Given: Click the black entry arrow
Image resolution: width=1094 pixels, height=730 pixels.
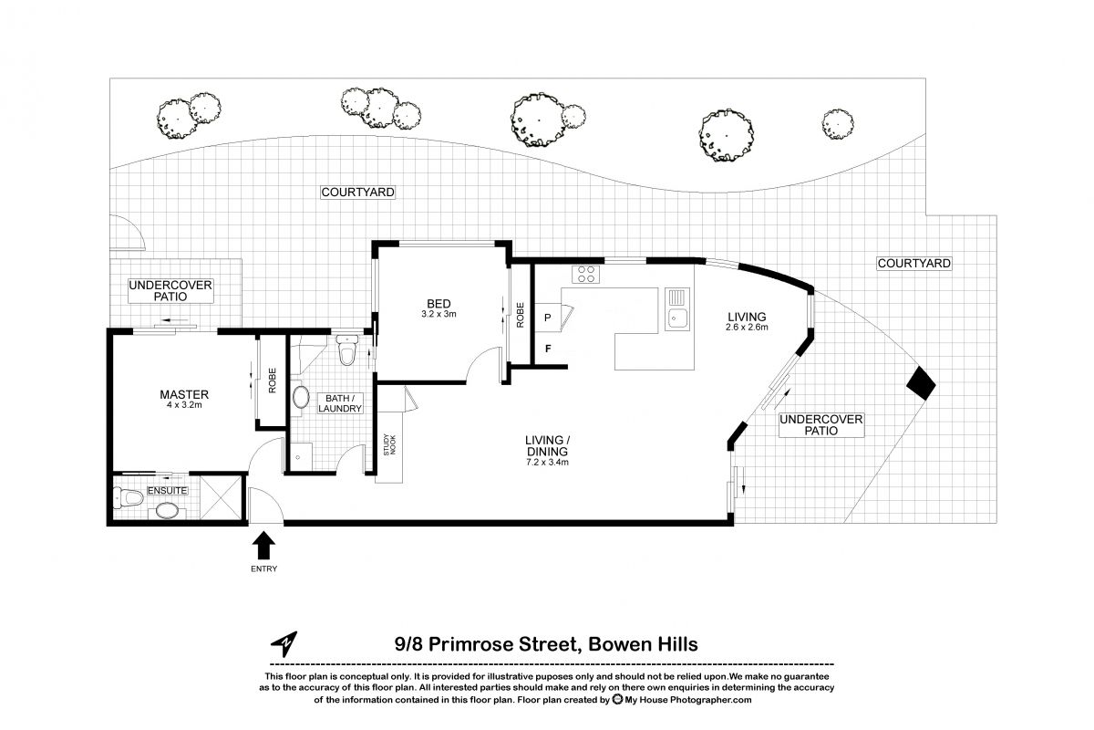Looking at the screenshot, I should pyautogui.click(x=263, y=546).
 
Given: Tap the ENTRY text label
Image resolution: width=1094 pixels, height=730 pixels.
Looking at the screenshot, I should pyautogui.click(x=263, y=569).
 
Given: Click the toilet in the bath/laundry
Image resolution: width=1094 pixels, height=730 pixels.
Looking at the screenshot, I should pyautogui.click(x=346, y=349).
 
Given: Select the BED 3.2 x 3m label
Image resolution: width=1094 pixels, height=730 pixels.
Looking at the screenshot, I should pyautogui.click(x=439, y=308).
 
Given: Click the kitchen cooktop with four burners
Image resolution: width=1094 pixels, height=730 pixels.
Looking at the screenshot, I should pyautogui.click(x=584, y=273).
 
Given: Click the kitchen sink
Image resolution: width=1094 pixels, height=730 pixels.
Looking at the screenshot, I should pyautogui.click(x=676, y=317).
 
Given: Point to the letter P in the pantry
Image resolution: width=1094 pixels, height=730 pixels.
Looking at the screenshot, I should pyautogui.click(x=547, y=318).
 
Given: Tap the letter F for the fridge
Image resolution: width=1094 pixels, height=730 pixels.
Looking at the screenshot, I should pyautogui.click(x=547, y=348).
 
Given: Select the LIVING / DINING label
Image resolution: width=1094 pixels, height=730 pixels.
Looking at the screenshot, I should pyautogui.click(x=547, y=451).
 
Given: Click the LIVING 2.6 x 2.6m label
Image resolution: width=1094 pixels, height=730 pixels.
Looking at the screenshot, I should pyautogui.click(x=747, y=321).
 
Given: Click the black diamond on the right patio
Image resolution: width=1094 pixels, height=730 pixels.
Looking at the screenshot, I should pyautogui.click(x=921, y=382).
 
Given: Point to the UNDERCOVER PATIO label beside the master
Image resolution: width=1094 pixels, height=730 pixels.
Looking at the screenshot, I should pyautogui.click(x=170, y=290).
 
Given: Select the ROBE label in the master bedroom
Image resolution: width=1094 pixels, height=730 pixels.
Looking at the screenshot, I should pyautogui.click(x=272, y=381).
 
